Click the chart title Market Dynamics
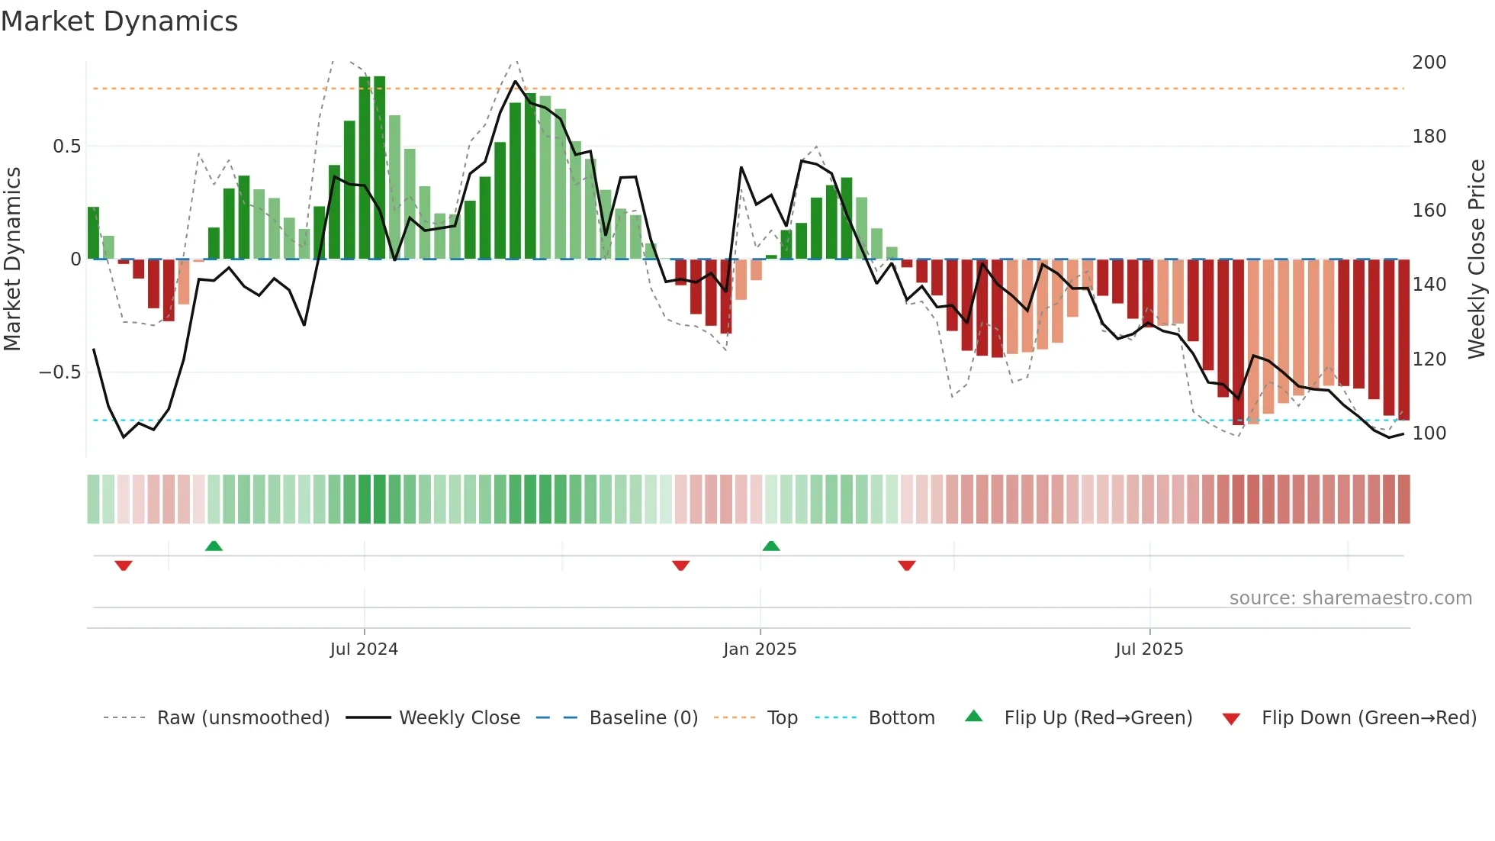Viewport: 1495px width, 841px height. coord(119,21)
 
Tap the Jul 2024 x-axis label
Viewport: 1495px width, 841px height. coord(364,649)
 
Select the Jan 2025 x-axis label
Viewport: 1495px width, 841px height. coord(760,649)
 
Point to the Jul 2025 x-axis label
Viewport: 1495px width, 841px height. coord(1149,649)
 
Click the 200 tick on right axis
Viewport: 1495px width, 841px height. coord(1429,62)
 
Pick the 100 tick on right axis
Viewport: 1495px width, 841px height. coord(1429,433)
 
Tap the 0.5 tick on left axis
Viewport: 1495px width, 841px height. coord(66,146)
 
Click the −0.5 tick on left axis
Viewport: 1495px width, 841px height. coord(60,372)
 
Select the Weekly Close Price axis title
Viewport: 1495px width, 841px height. coord(1477,259)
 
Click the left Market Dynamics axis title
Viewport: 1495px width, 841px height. coord(12,259)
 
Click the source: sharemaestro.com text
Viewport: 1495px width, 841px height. coord(1350,598)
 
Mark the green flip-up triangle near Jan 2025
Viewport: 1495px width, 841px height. coord(771,546)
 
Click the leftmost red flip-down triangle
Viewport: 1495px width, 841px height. coord(124,565)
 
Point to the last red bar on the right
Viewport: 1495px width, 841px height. coord(1403,340)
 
